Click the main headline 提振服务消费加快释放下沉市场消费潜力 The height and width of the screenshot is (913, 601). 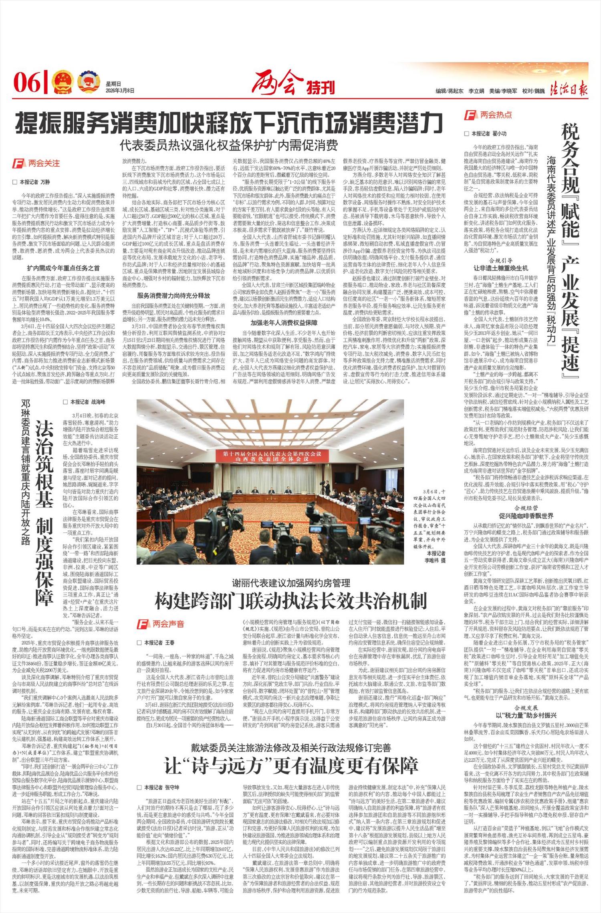229,123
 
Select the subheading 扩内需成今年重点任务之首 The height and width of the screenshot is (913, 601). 63,268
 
